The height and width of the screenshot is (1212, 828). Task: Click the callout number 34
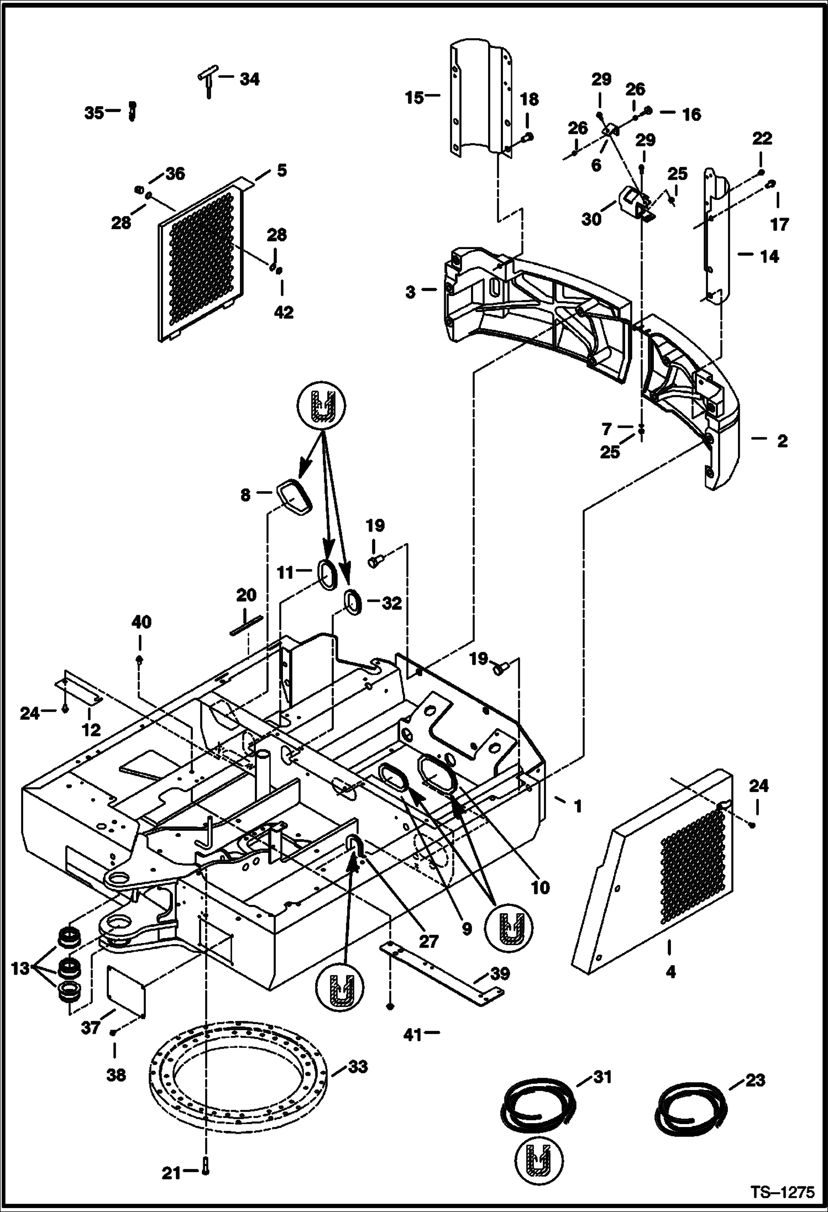[x=249, y=79]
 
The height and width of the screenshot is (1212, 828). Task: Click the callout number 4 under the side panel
[x=670, y=971]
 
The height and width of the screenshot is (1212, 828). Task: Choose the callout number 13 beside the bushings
[x=20, y=968]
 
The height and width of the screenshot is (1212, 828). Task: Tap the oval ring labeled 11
[x=326, y=574]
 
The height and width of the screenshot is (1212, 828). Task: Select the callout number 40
[x=141, y=622]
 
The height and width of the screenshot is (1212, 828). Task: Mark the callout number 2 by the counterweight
[x=782, y=441]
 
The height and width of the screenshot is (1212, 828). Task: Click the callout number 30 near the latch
[x=591, y=219]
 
